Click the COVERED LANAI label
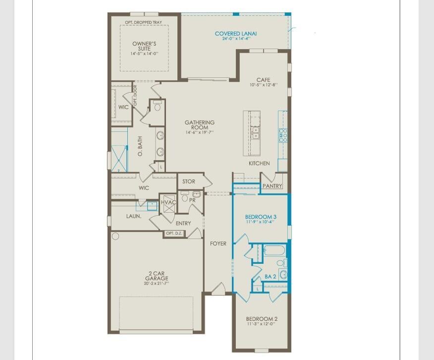236,34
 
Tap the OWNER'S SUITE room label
144,46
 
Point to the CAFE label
263,80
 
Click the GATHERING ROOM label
200,125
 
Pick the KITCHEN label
259,163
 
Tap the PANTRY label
272,186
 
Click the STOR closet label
189,181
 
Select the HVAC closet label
168,202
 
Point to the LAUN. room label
133,216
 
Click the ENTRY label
183,224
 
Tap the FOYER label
218,243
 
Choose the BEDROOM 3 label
261,217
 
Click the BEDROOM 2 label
262,319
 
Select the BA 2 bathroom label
271,277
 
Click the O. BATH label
140,147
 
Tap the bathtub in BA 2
274,250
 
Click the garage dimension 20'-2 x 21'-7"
157,284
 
